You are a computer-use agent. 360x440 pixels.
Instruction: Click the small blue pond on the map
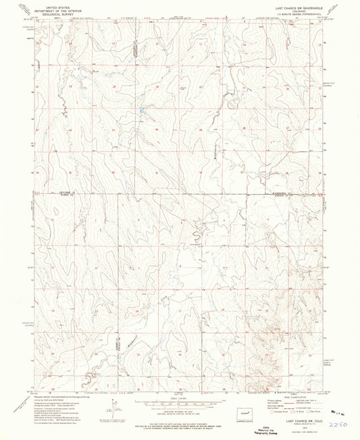click(144, 110)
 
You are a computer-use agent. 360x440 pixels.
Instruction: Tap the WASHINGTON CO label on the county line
click(276, 194)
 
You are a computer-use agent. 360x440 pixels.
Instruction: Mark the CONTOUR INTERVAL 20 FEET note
click(180, 410)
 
